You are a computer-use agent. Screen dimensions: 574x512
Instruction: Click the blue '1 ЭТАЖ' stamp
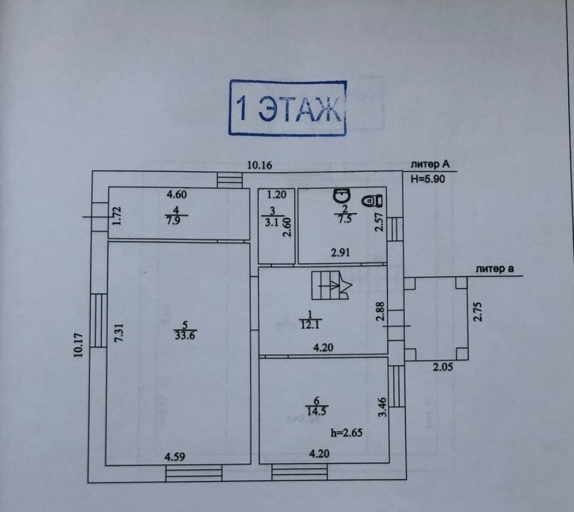click(x=287, y=108)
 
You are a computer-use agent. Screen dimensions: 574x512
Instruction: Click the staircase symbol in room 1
click(x=330, y=285)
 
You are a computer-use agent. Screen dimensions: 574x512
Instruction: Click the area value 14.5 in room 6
click(x=316, y=410)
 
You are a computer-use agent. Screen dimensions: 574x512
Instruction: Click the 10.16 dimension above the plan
click(x=259, y=165)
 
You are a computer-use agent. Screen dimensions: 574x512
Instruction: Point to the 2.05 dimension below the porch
click(x=443, y=368)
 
